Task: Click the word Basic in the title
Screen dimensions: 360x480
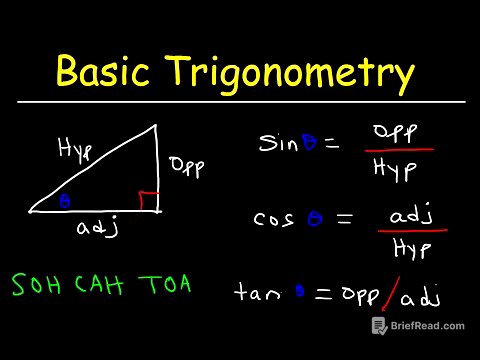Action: click(105, 73)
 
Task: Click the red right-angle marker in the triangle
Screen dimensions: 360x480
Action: click(148, 201)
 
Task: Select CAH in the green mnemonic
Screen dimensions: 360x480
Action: click(98, 286)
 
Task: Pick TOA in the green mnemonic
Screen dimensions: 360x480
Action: click(162, 286)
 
